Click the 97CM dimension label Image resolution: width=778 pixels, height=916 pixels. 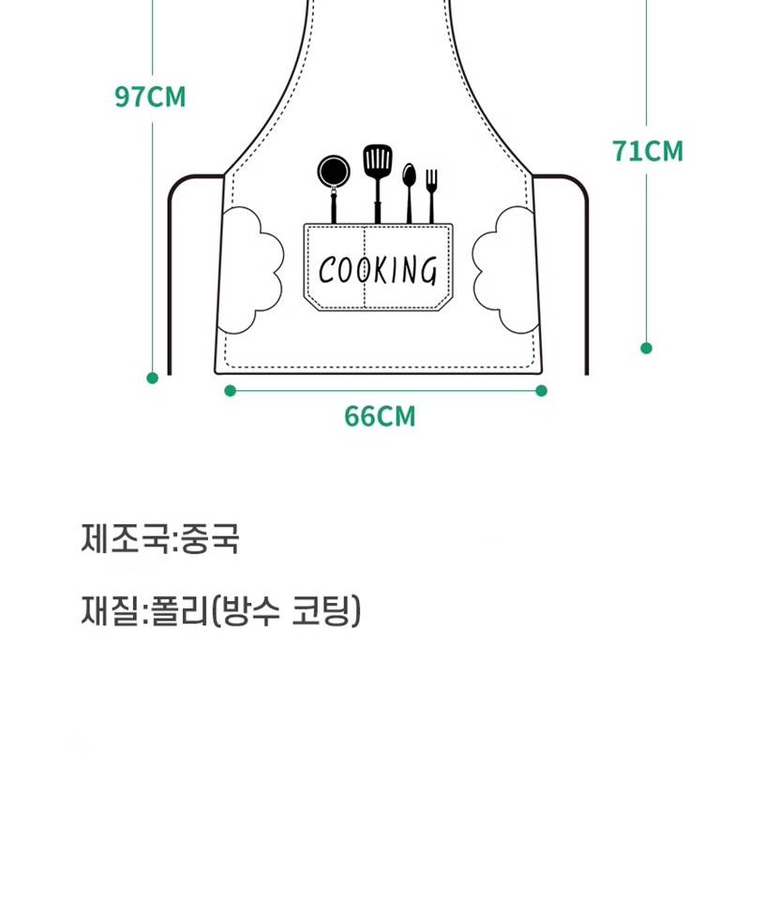tap(150, 97)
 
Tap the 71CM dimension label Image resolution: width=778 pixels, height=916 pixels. tap(648, 151)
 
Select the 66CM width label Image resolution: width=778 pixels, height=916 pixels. tap(381, 416)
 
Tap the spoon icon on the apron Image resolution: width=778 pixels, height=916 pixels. tap(409, 193)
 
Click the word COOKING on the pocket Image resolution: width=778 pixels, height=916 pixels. tap(378, 270)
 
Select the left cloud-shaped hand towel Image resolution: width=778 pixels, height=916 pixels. tap(251, 270)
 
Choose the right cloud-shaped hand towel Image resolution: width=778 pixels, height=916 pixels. tap(504, 270)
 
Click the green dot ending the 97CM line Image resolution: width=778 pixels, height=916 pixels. tap(153, 378)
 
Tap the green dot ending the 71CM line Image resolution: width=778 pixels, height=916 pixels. tap(646, 348)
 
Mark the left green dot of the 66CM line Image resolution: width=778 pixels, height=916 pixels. tap(231, 391)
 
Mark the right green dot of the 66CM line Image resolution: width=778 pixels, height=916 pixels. tap(542, 391)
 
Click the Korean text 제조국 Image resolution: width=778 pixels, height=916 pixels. tap(127, 538)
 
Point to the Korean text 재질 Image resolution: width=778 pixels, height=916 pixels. tap(111, 611)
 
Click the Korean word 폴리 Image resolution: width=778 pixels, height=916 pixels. tap(179, 611)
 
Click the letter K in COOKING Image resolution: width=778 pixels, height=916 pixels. tap(381, 270)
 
